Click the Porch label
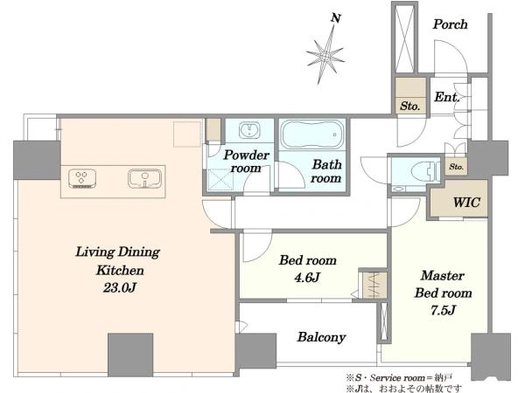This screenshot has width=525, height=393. click(x=450, y=24)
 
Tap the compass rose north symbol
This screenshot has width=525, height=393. click(x=325, y=55)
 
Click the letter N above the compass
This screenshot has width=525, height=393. click(x=336, y=18)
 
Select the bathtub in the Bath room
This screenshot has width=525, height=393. click(x=312, y=134)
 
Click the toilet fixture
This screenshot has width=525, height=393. click(x=426, y=171)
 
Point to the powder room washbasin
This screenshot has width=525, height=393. click(x=249, y=130)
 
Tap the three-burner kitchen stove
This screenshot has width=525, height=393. click(x=82, y=178)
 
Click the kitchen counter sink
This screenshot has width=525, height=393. click(x=144, y=178)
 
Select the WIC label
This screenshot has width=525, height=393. click(x=466, y=203)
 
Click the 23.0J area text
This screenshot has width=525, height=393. click(x=120, y=287)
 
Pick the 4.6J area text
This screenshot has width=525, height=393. click(x=307, y=278)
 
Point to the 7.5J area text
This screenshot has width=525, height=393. click(x=443, y=310)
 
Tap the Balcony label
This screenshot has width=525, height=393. click(x=321, y=337)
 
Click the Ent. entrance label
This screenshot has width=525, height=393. click(x=446, y=97)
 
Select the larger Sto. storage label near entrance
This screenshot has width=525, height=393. click(x=409, y=107)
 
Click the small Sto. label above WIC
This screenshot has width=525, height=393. click(x=456, y=167)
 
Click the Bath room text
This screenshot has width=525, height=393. click(x=326, y=171)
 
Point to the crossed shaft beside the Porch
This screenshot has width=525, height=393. click(x=405, y=38)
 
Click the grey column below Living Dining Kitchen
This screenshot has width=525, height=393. click(x=130, y=355)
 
